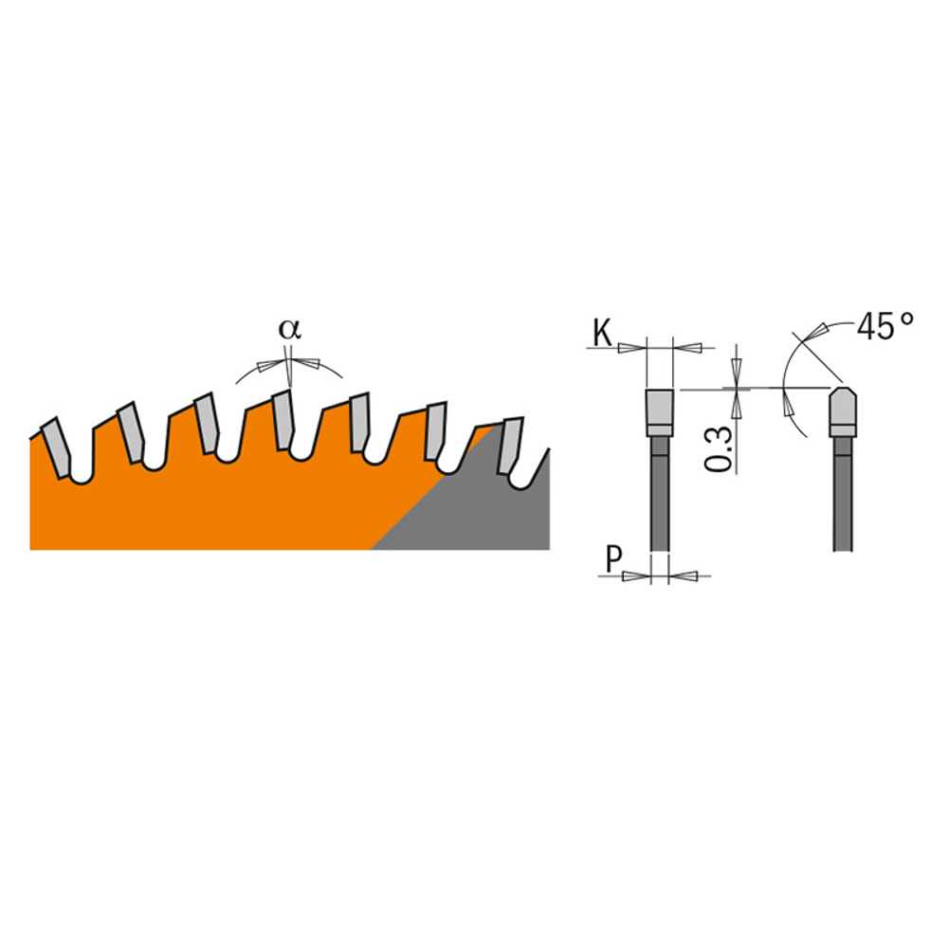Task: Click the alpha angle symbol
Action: coord(289,330)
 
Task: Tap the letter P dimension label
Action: coord(613,560)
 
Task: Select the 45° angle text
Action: coord(884,326)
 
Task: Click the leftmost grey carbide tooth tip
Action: coord(56,448)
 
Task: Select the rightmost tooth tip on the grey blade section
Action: coord(512,446)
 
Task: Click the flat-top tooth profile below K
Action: coord(660,412)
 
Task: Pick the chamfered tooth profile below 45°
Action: coord(842,411)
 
